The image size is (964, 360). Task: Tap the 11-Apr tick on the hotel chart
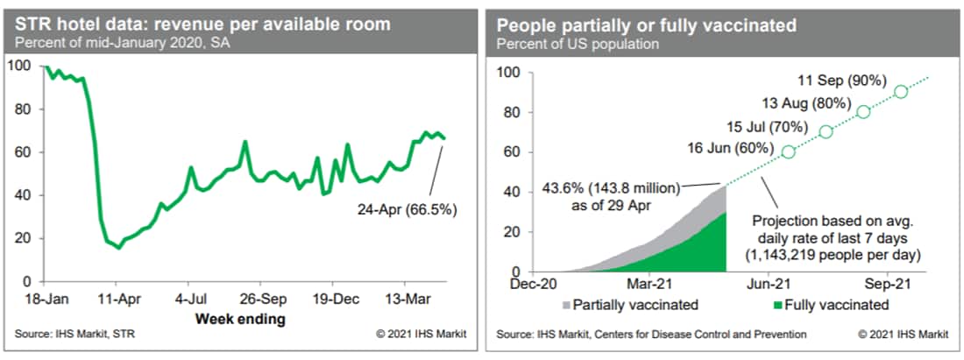point(119,297)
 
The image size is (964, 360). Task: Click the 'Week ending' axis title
point(240,318)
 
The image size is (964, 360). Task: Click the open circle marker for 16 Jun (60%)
point(788,152)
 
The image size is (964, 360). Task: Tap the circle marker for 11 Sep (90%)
point(900,92)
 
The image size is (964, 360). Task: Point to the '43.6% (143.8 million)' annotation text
point(613,191)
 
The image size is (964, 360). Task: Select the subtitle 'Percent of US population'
point(565,43)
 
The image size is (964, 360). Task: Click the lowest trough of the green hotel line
point(119,248)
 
